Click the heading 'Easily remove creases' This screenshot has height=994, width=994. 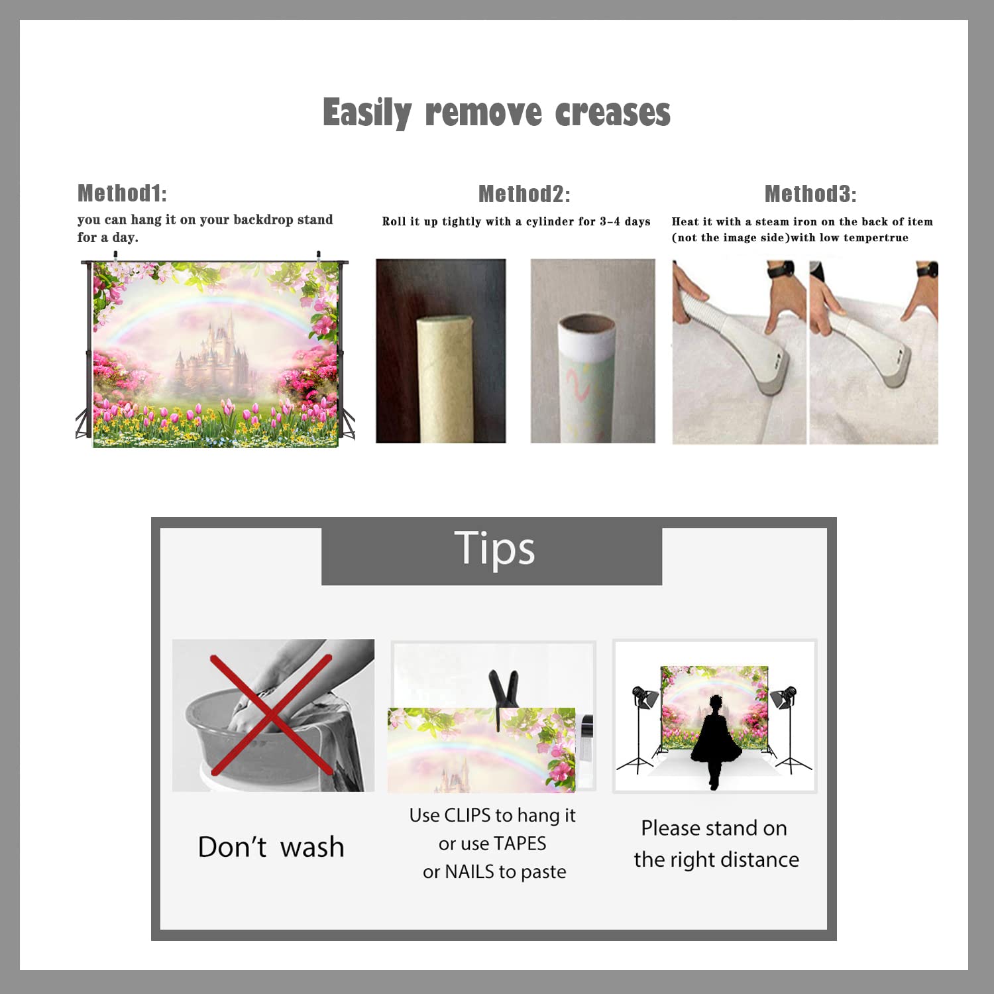coord(496,112)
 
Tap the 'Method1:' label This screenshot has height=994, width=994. coord(122,193)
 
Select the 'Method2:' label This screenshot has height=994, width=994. coord(524,193)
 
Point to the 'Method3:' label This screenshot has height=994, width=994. coord(810,193)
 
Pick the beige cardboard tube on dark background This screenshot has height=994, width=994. coord(444,378)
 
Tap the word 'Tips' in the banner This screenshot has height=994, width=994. coord(494,549)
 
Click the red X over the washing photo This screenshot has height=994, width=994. coord(271,715)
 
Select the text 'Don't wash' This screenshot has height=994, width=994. coord(271,847)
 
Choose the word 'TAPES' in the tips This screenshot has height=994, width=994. coord(520,844)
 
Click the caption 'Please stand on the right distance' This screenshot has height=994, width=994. coord(716,844)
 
